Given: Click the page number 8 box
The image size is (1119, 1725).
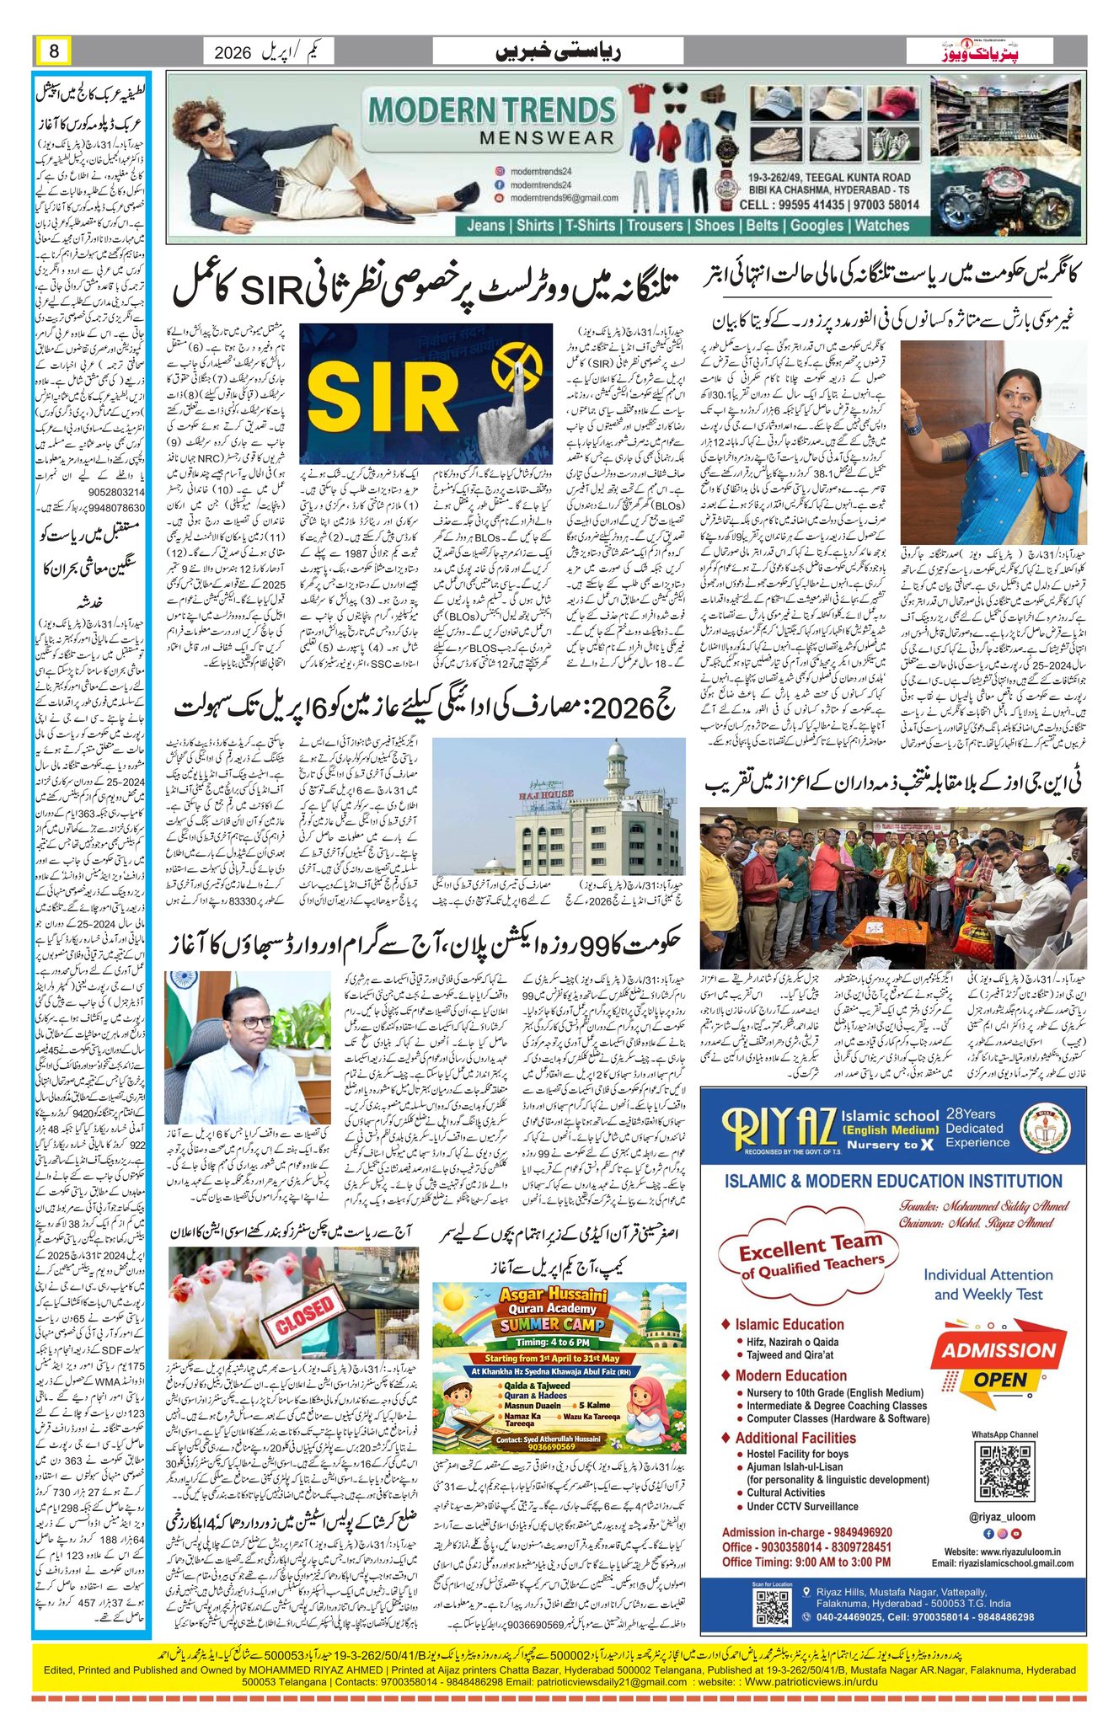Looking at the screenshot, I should [x=53, y=51].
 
